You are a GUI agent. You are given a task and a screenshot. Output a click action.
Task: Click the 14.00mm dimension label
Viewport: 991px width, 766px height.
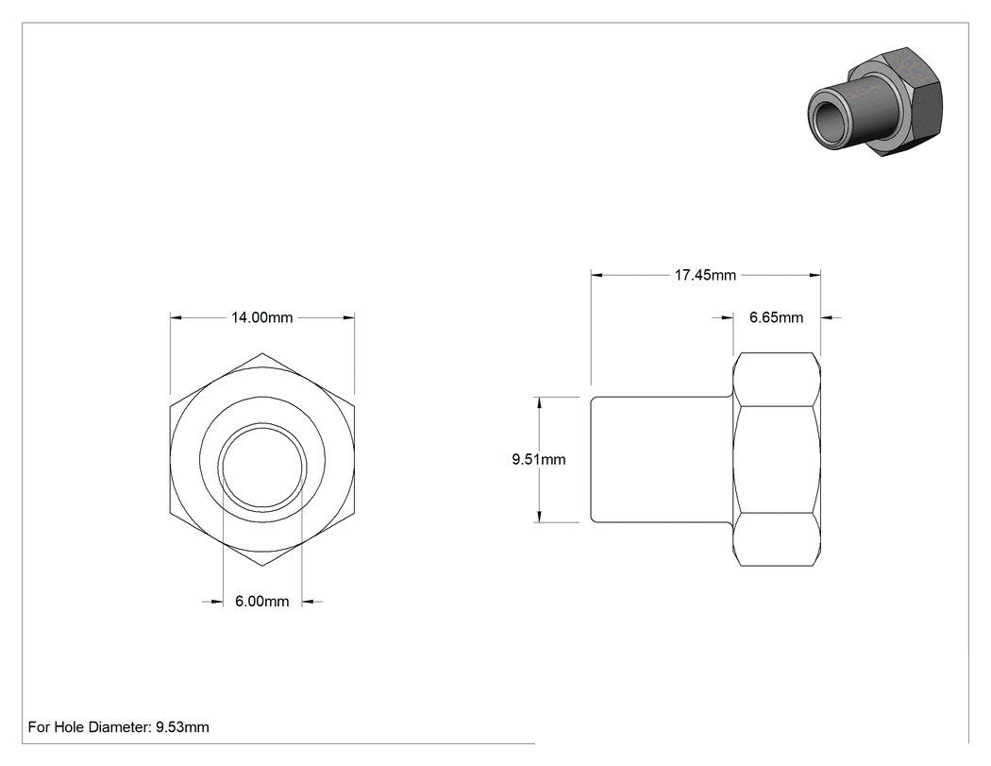[261, 317]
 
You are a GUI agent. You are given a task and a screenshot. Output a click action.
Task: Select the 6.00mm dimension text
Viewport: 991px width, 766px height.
[261, 602]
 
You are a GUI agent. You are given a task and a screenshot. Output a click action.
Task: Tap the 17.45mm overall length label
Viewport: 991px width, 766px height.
[705, 275]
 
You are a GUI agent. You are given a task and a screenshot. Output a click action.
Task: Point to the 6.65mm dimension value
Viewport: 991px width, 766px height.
[776, 317]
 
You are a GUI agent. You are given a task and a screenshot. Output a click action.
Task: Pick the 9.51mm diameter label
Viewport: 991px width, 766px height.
[539, 460]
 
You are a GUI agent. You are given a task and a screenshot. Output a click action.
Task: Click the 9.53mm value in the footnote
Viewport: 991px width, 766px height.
[183, 727]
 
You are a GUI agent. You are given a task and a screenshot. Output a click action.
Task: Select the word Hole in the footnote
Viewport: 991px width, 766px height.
[68, 727]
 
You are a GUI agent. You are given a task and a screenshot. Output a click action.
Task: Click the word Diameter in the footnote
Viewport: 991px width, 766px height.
[119, 727]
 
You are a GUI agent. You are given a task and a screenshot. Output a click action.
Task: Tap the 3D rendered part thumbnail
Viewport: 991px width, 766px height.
[875, 102]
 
